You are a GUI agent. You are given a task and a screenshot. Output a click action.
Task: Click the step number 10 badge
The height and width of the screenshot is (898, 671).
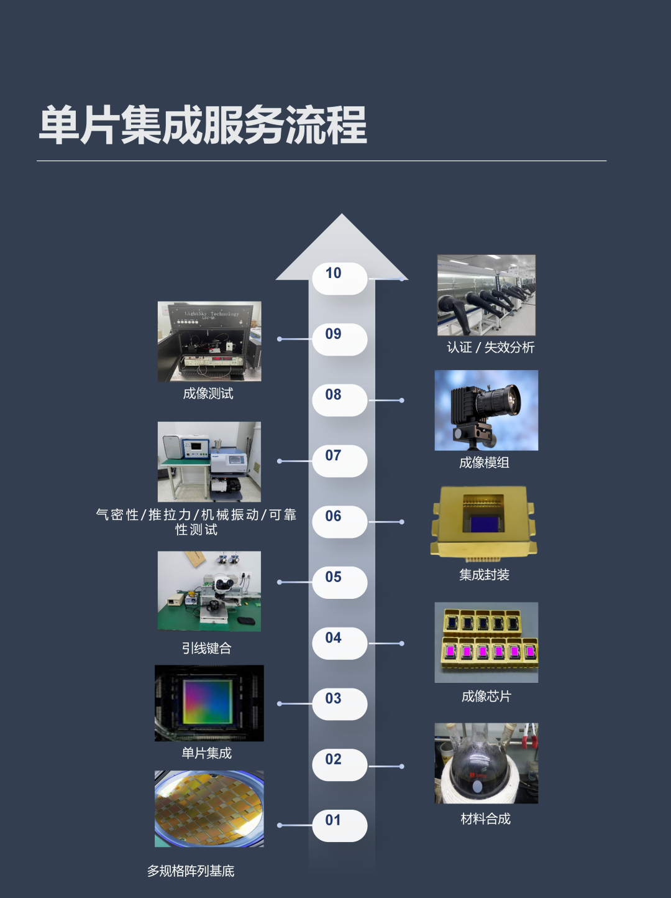click(340, 278)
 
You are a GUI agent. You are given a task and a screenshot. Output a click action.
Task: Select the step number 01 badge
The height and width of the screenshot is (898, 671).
click(340, 826)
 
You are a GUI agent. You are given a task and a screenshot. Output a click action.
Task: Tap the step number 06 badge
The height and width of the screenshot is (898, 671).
click(340, 522)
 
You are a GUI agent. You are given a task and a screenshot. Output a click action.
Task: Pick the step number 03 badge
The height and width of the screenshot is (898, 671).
click(340, 704)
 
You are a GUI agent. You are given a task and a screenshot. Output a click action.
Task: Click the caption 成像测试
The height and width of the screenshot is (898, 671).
click(208, 394)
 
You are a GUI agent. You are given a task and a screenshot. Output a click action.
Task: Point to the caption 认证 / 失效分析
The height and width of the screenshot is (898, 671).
click(490, 348)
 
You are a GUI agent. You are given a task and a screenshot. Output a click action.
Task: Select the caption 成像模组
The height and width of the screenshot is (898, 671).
click(484, 463)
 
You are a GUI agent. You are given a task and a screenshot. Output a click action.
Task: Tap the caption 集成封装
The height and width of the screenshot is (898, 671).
click(484, 575)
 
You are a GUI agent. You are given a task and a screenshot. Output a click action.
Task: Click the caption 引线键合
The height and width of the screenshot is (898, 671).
click(207, 648)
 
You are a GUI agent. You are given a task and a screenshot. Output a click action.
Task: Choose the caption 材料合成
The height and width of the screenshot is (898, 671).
click(485, 818)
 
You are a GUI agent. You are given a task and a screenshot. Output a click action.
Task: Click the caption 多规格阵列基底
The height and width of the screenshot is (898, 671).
click(191, 871)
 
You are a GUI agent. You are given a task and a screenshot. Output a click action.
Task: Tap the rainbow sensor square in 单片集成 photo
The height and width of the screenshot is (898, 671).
click(208, 702)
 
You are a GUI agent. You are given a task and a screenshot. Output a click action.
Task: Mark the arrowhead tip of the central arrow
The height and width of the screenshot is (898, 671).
click(342, 214)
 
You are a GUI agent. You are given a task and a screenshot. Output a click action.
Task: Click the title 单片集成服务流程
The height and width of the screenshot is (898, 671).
click(203, 125)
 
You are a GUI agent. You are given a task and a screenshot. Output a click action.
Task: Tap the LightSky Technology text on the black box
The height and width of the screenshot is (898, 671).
click(212, 314)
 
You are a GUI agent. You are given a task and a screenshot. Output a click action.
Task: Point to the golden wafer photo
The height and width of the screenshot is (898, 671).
click(209, 809)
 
